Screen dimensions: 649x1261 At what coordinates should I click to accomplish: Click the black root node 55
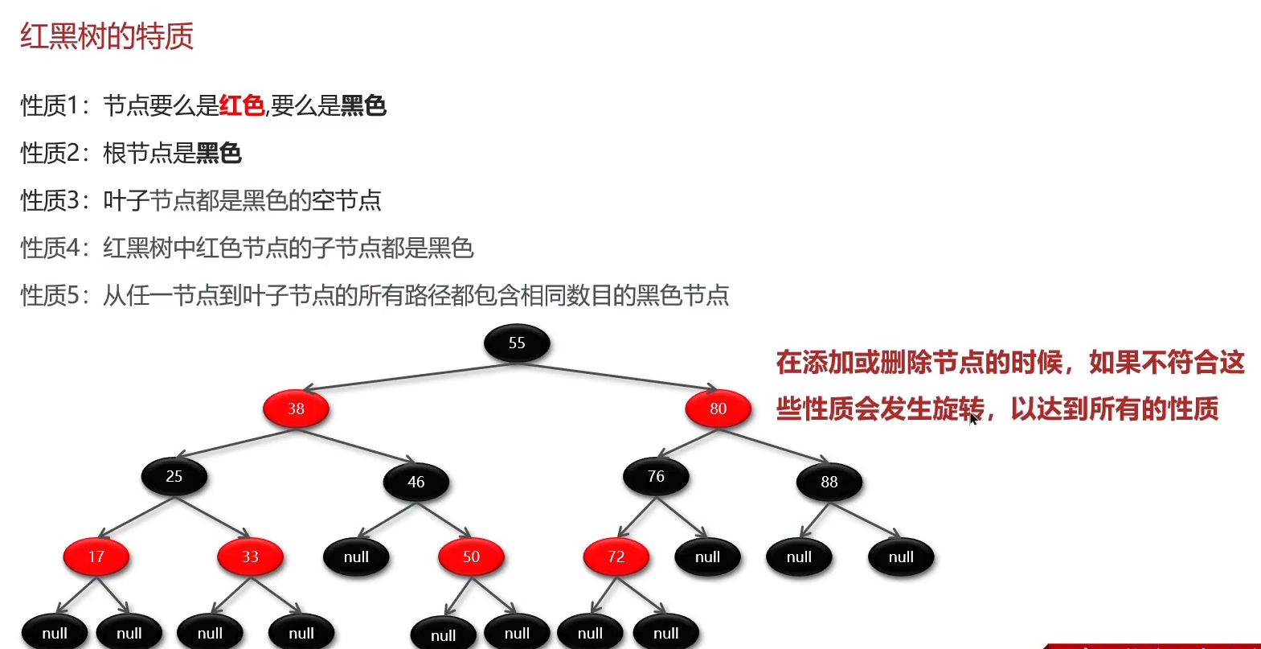[x=517, y=343]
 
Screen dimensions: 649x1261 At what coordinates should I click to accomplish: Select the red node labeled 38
[x=296, y=409]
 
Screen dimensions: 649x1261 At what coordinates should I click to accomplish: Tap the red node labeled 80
[x=718, y=409]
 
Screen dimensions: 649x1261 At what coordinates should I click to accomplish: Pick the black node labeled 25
[x=174, y=477]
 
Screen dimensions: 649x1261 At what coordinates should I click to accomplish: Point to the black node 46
[x=416, y=482]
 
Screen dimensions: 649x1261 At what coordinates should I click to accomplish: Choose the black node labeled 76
[x=656, y=477]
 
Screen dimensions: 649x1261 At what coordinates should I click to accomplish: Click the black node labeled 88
[x=829, y=482]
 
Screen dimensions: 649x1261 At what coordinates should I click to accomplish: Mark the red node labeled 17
[x=96, y=557]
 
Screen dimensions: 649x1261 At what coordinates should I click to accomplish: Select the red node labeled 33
[x=250, y=557]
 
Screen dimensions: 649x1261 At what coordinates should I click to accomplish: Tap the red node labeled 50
[x=471, y=557]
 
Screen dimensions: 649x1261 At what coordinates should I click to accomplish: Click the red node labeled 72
[x=616, y=557]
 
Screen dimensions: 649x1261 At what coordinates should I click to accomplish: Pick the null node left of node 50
[x=356, y=557]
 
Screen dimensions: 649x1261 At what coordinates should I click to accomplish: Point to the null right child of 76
[x=707, y=557]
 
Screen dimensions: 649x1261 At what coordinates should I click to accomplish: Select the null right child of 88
[x=901, y=557]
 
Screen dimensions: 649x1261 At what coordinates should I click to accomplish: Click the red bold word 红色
[x=241, y=105]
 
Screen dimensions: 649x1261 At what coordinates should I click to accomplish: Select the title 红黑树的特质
[x=107, y=36]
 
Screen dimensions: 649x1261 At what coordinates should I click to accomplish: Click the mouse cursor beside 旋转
[x=973, y=418]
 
